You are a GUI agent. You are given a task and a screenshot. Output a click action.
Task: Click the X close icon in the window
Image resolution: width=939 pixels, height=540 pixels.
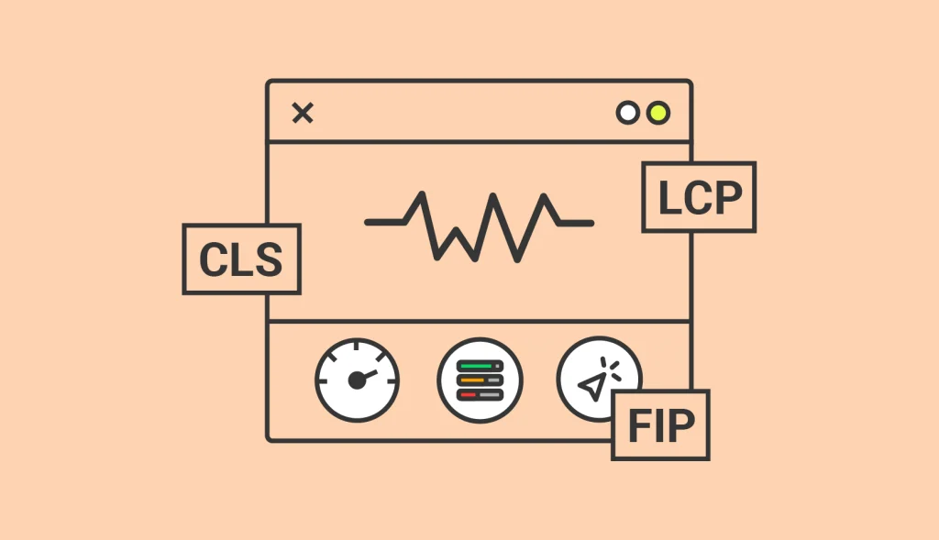click(x=303, y=113)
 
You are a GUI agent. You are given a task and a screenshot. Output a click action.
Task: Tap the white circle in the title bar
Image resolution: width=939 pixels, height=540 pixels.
click(x=627, y=113)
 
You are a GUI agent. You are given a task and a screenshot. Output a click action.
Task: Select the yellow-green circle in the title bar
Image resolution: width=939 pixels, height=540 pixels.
click(x=658, y=113)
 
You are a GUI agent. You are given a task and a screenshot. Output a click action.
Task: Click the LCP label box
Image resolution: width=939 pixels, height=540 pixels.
click(x=699, y=197)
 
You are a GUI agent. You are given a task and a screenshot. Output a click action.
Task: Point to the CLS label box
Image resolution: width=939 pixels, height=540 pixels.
click(x=241, y=259)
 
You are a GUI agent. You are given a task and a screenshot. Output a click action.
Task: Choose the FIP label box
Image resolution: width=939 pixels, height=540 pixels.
click(x=660, y=425)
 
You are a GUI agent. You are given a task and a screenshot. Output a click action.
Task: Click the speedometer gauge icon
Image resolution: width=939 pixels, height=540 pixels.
click(x=358, y=380)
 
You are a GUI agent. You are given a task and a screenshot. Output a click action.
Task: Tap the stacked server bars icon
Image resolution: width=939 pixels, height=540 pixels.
click(x=480, y=380)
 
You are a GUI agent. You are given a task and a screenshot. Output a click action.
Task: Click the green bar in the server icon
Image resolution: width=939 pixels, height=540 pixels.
click(x=475, y=366)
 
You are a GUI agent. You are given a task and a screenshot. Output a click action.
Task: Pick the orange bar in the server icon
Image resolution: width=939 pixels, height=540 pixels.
click(x=472, y=380)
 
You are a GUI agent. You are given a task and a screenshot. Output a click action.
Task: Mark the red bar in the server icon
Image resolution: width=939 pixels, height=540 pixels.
click(x=468, y=394)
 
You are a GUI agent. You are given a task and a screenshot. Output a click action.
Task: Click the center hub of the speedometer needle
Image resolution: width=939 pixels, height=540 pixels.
click(x=357, y=380)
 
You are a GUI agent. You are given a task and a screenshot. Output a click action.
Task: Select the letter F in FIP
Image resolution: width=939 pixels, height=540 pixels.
click(x=639, y=425)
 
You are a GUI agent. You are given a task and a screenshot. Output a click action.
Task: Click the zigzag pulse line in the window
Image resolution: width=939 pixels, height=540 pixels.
click(x=479, y=226)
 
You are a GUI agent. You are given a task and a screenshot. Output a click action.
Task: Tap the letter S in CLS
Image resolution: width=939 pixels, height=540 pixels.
click(x=269, y=259)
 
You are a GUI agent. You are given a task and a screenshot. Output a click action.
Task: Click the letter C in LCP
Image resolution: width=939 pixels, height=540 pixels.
click(x=699, y=197)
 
